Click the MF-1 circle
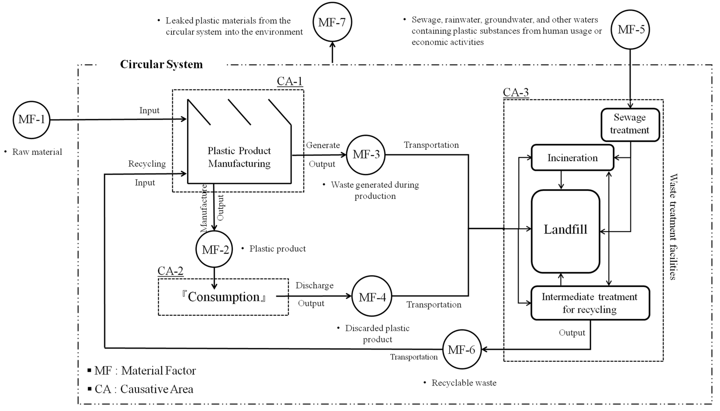tap(31, 120)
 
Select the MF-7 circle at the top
tap(332, 22)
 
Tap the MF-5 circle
tap(630, 29)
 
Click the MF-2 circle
tap(214, 249)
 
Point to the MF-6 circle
tap(462, 349)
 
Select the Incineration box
tap(572, 158)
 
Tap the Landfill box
tap(566, 231)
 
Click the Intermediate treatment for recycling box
tap(590, 303)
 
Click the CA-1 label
tap(289, 81)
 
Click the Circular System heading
tap(162, 64)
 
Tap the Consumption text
tap(223, 297)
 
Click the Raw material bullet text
tap(37, 152)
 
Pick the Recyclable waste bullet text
tap(464, 383)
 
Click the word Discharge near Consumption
tap(314, 285)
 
